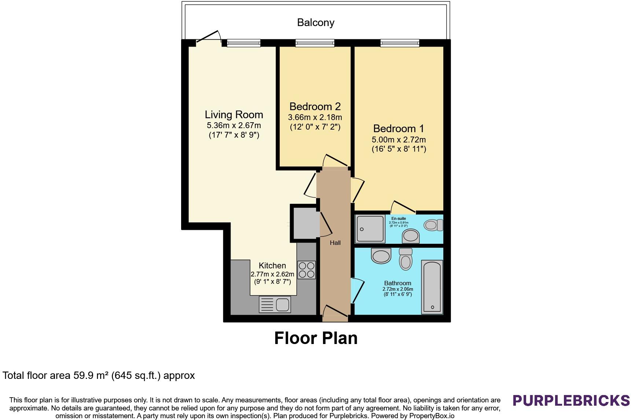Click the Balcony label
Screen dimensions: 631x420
coord(316,23)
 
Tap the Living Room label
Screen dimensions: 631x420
coord(234,115)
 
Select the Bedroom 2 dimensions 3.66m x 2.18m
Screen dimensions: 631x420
coord(315,117)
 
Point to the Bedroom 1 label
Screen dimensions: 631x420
coord(399,128)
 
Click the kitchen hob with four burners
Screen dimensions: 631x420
coord(306,270)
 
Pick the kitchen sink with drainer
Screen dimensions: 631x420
coord(275,304)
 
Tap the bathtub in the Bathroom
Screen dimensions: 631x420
coord(432,287)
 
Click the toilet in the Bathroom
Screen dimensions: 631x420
coord(406,259)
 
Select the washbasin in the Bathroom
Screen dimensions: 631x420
coord(381,256)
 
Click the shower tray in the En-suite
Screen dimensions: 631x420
coord(371,229)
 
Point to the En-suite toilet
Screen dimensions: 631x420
coord(433,225)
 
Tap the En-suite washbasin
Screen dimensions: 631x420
coord(411,236)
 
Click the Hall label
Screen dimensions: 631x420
coord(335,243)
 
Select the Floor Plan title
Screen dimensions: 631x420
coord(316,338)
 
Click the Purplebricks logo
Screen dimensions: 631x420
coord(571,400)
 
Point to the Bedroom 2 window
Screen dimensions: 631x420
coord(315,43)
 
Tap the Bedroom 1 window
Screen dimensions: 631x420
coord(400,43)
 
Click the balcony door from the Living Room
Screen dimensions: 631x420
coord(208,38)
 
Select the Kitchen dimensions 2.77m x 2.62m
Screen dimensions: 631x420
coord(272,274)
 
